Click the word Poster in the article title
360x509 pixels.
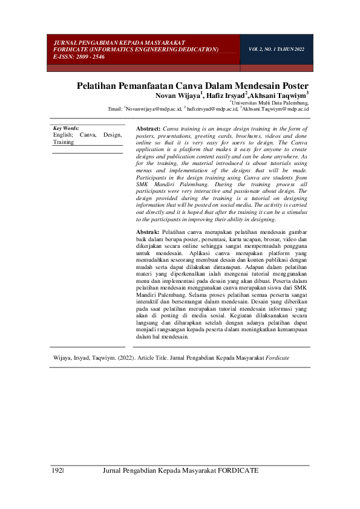click(x=293, y=86)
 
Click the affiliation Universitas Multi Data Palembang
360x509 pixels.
click(x=272, y=103)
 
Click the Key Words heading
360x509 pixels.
click(x=66, y=128)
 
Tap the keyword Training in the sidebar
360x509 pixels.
click(x=63, y=143)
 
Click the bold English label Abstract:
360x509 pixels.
click(x=148, y=129)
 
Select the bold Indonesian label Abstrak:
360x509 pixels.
click(x=148, y=232)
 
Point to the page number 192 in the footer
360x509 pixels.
click(x=56, y=470)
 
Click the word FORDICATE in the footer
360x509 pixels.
click(x=238, y=470)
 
